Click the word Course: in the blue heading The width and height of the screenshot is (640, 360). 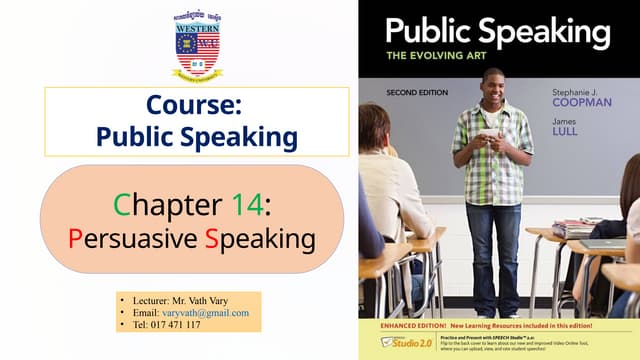pos(197,105)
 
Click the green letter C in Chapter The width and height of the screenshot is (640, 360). pos(121,204)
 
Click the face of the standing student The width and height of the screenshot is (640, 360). pos(491,84)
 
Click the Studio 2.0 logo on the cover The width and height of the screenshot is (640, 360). pos(388,343)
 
